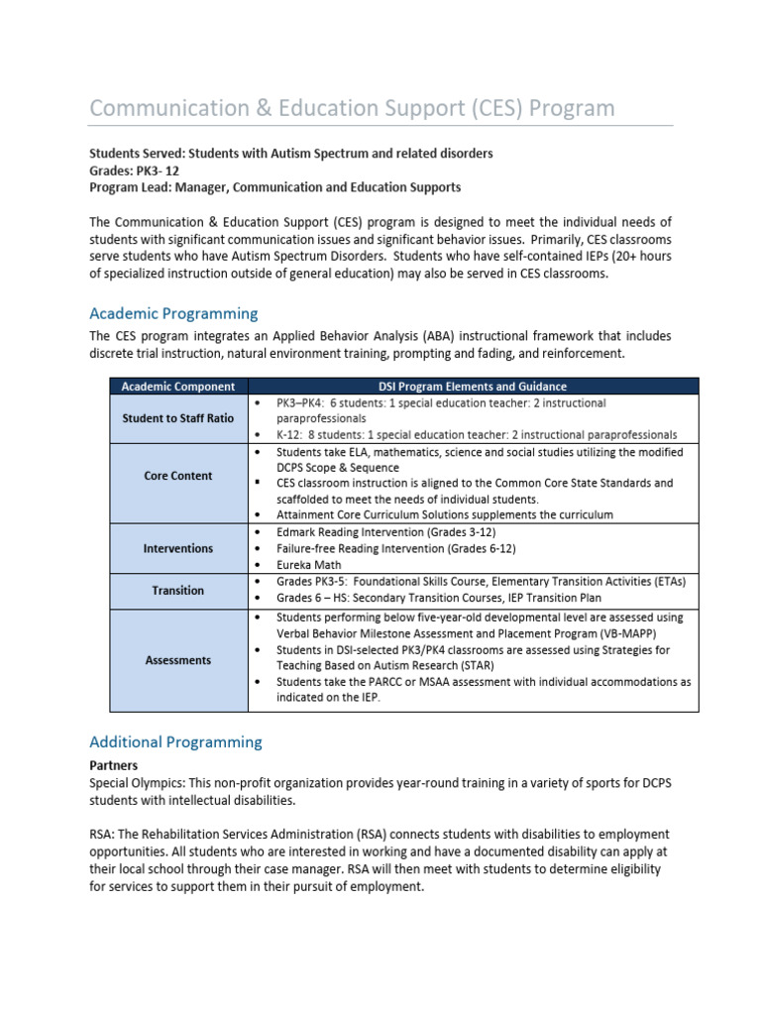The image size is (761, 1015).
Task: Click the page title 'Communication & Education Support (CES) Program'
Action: [x=352, y=107]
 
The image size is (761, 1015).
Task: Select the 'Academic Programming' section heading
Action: [x=173, y=313]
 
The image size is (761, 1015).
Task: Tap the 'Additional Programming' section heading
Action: [x=175, y=741]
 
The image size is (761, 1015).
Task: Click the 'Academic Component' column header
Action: [x=177, y=387]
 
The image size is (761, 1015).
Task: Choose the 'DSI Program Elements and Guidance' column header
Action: [x=473, y=387]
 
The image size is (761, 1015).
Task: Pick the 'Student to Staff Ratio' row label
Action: [x=177, y=418]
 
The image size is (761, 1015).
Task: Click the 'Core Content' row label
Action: [x=177, y=476]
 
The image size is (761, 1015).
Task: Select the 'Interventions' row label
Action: [x=177, y=548]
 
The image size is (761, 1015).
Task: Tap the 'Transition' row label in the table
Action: [x=177, y=590]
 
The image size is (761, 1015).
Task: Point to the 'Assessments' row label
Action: [x=177, y=660]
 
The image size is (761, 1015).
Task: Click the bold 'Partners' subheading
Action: [x=113, y=765]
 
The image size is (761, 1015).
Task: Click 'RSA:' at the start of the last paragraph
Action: [x=102, y=834]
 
